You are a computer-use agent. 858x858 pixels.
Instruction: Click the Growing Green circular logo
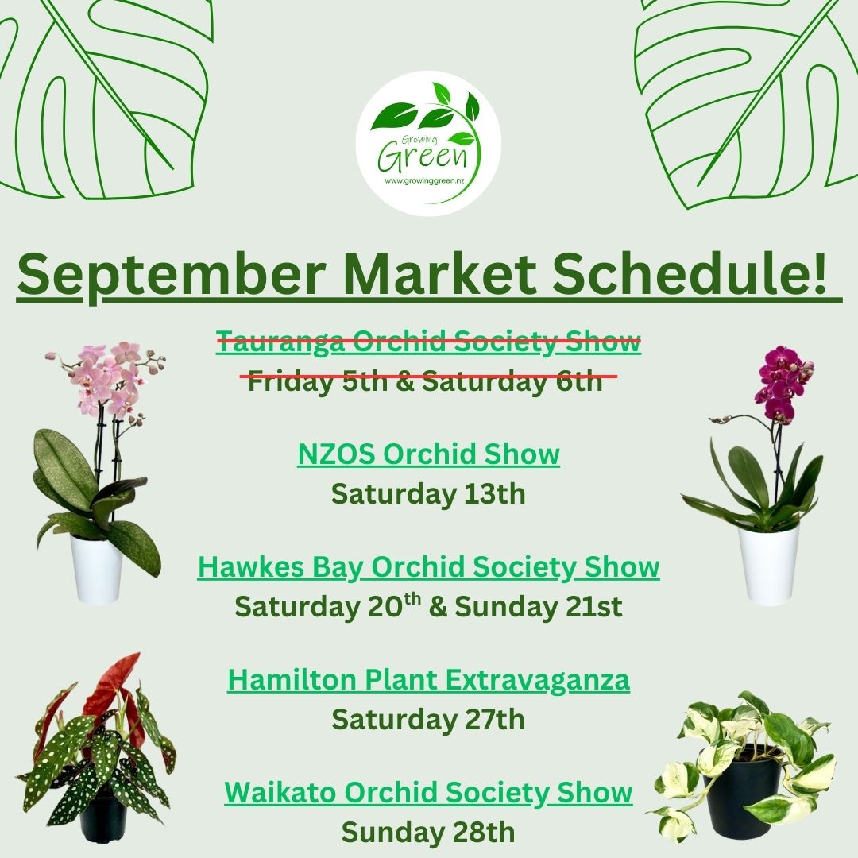click(x=428, y=143)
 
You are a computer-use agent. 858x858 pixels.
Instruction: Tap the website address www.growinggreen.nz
click(x=424, y=180)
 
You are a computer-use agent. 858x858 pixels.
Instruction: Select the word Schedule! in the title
click(x=689, y=272)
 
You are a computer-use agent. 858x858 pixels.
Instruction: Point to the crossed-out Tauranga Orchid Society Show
click(x=428, y=341)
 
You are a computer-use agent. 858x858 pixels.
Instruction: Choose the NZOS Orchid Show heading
click(x=428, y=454)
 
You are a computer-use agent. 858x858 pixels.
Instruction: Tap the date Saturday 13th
click(x=428, y=493)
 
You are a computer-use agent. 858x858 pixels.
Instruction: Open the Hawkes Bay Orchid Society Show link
click(x=428, y=566)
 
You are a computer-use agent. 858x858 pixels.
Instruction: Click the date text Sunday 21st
click(x=539, y=606)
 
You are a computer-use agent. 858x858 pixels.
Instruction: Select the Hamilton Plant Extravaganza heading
click(x=428, y=679)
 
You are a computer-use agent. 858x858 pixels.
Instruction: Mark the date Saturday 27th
click(x=428, y=719)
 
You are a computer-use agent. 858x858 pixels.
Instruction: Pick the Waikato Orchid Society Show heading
click(x=428, y=792)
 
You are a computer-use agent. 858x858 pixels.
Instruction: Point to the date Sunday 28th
click(x=428, y=833)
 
